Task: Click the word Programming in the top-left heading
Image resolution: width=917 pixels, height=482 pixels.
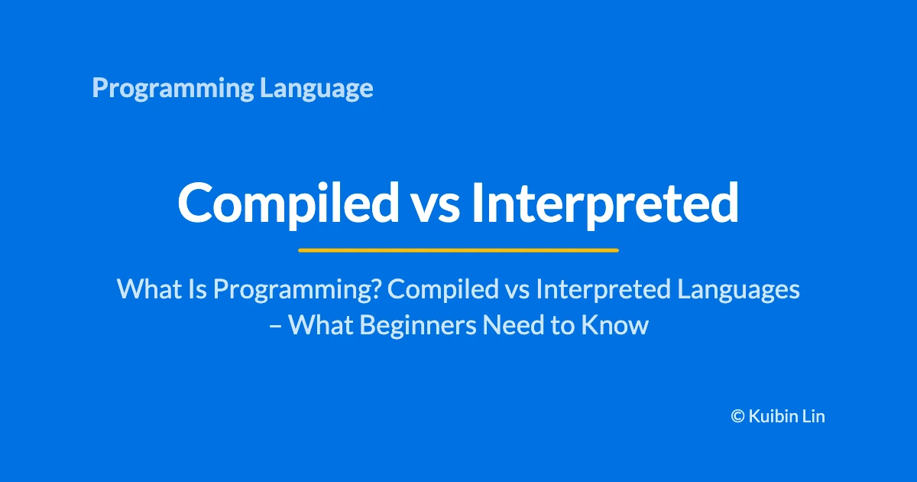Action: (173, 88)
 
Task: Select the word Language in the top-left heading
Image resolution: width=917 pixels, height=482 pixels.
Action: (316, 88)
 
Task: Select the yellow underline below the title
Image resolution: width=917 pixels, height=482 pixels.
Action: (458, 250)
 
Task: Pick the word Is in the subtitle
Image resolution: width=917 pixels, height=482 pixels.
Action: (198, 288)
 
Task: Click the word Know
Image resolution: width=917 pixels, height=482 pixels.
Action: (615, 325)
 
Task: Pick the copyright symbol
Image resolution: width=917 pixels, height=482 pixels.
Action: (737, 416)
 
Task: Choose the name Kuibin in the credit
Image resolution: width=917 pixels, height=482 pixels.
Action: (773, 416)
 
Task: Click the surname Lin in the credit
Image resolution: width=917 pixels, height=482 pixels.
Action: (813, 416)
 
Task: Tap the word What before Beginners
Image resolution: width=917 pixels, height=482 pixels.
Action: (320, 325)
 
